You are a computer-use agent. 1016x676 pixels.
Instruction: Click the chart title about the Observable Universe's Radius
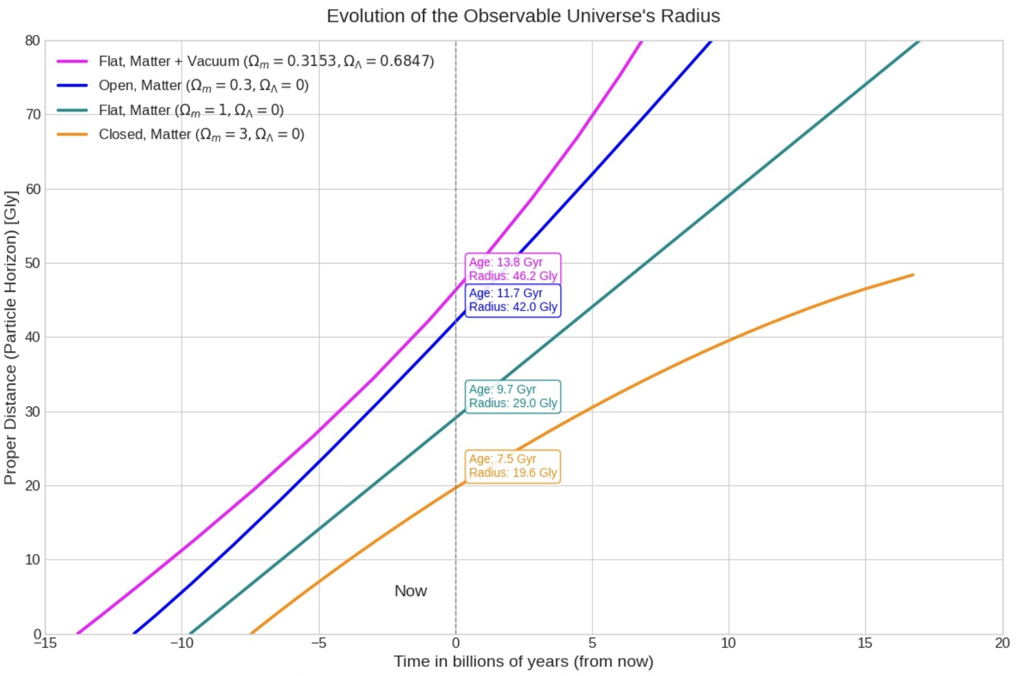point(523,16)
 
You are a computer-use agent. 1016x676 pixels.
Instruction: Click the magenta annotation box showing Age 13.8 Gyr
point(512,268)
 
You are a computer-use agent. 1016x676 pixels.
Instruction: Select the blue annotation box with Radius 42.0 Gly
point(512,300)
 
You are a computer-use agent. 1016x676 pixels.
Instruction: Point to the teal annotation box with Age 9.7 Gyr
point(512,396)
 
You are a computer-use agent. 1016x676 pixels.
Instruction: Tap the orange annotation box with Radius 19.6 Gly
point(512,466)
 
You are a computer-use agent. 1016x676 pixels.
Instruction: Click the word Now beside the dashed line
point(410,591)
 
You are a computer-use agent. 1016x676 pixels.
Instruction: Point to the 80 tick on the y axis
point(33,41)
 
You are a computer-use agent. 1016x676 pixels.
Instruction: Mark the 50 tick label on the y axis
point(33,263)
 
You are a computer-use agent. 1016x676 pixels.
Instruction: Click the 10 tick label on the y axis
point(33,559)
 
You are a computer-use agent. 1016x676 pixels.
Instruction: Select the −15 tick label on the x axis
point(45,643)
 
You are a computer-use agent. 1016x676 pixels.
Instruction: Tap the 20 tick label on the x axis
point(1002,643)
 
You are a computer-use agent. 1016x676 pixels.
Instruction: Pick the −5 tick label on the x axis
point(318,643)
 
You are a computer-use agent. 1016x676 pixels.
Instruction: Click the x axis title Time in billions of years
point(523,661)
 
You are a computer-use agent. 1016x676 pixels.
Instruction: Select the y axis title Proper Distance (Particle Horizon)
point(10,337)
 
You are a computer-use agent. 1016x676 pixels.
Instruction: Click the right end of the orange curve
point(913,274)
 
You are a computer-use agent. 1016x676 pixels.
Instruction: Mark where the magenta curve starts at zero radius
point(78,633)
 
